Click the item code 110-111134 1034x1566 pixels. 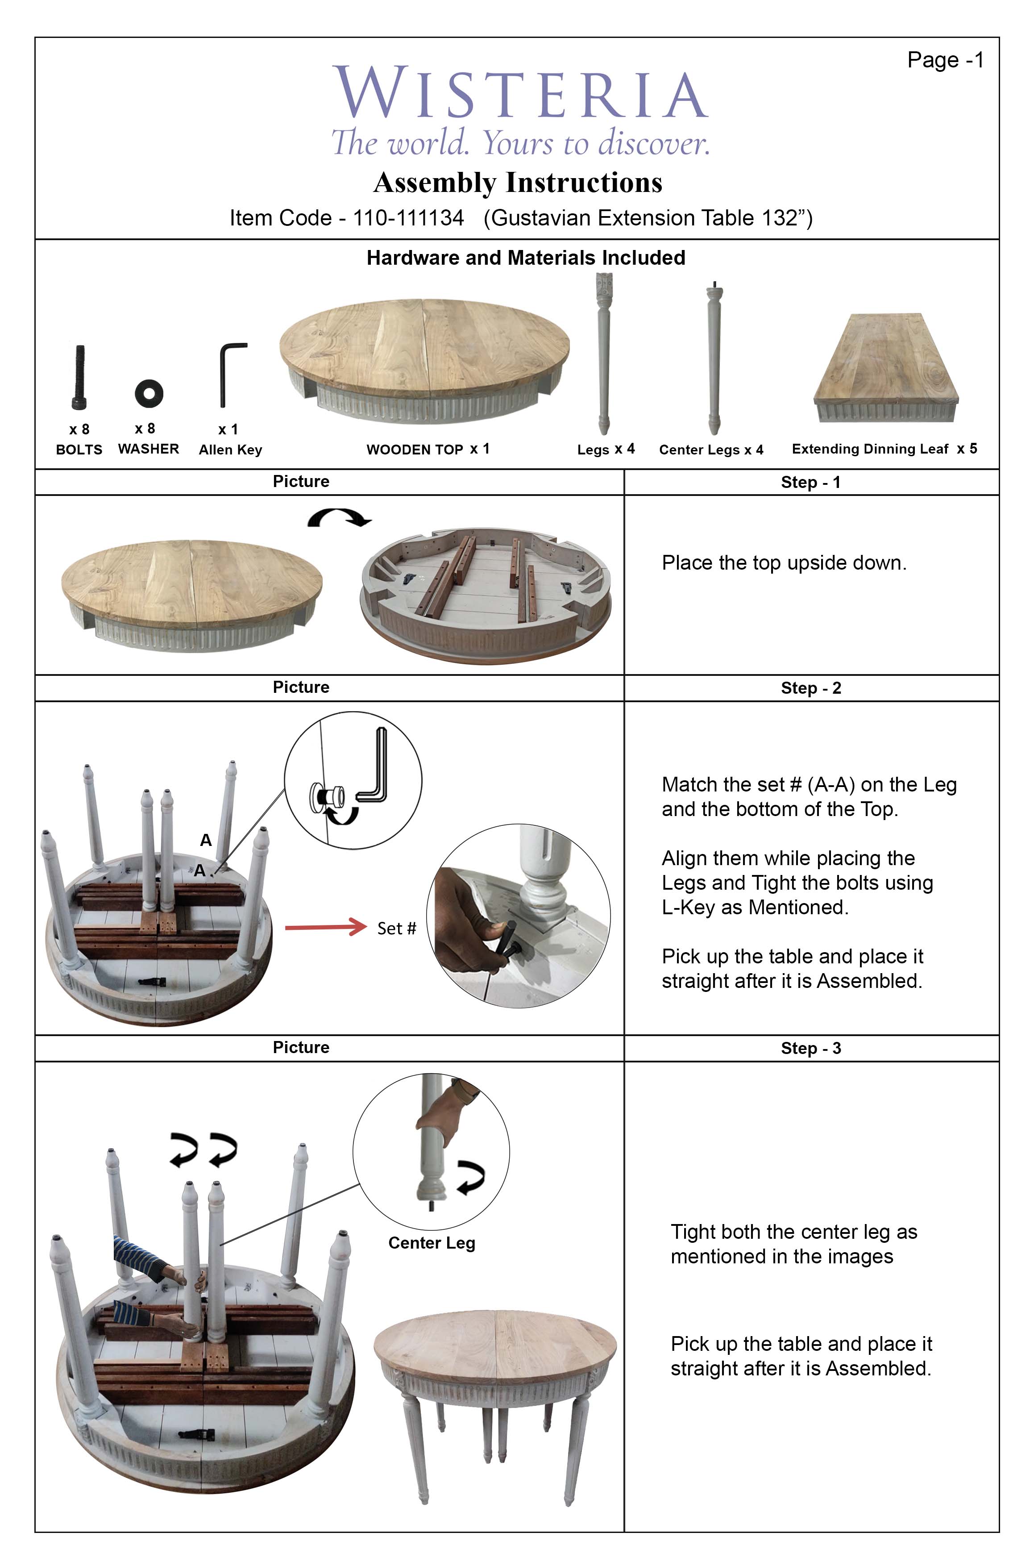tap(408, 218)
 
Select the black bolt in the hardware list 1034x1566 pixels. tap(79, 377)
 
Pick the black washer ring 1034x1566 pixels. tap(149, 393)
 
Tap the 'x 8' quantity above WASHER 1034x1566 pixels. tap(145, 428)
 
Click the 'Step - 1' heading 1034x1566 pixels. tap(810, 482)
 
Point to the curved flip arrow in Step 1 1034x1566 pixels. tap(339, 518)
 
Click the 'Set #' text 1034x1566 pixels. tap(396, 928)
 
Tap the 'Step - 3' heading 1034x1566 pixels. tap(810, 1048)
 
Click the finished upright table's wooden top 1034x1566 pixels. tap(494, 1336)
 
